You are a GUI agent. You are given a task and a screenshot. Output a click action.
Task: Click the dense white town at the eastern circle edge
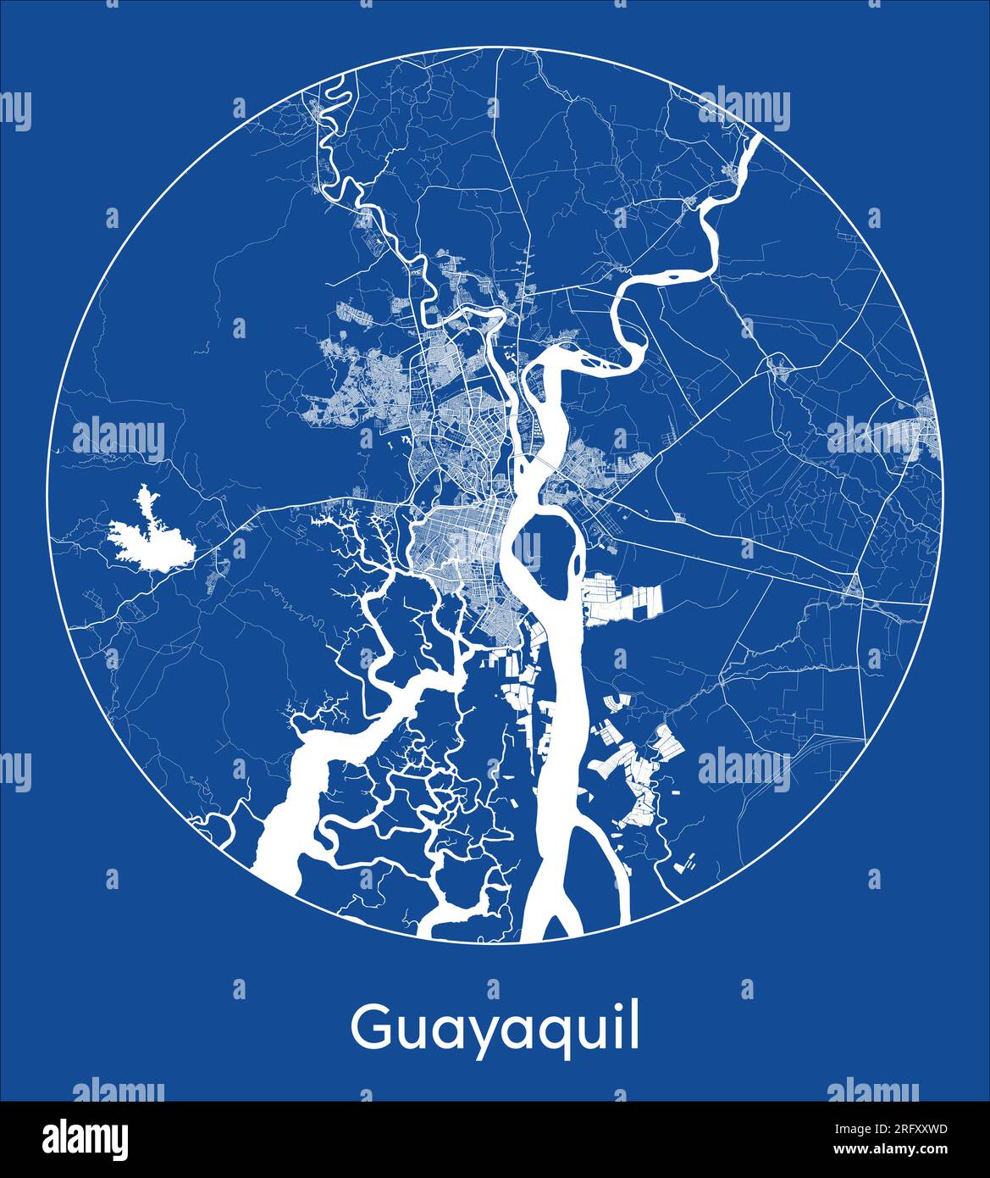tap(919, 432)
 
